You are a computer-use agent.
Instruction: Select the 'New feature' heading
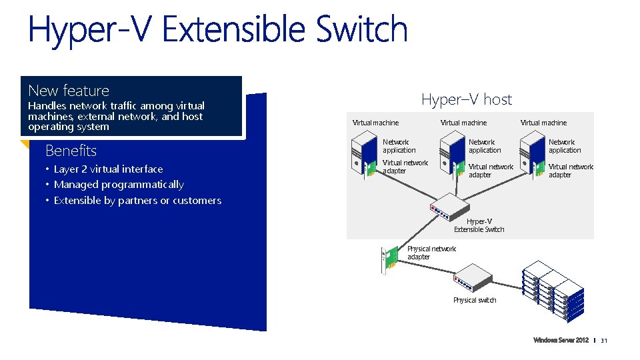click(69, 91)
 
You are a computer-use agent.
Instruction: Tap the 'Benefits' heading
click(71, 151)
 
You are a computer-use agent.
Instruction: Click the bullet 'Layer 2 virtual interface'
click(108, 169)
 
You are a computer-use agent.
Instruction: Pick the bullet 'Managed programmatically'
click(119, 185)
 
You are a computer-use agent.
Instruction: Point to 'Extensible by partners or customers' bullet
click(137, 201)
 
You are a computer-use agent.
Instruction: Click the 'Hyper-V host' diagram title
click(467, 100)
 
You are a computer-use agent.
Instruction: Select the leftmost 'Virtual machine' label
click(375, 123)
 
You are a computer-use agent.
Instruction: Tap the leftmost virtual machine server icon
click(366, 154)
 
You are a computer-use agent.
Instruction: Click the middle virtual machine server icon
click(452, 154)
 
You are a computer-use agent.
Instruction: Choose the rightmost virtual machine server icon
click(532, 154)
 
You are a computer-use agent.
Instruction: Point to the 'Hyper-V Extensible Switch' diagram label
click(479, 225)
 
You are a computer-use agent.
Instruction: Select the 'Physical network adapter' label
click(431, 253)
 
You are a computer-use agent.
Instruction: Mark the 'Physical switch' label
click(475, 300)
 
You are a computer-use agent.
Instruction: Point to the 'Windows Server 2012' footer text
click(561, 341)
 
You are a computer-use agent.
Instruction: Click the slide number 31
click(605, 341)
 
